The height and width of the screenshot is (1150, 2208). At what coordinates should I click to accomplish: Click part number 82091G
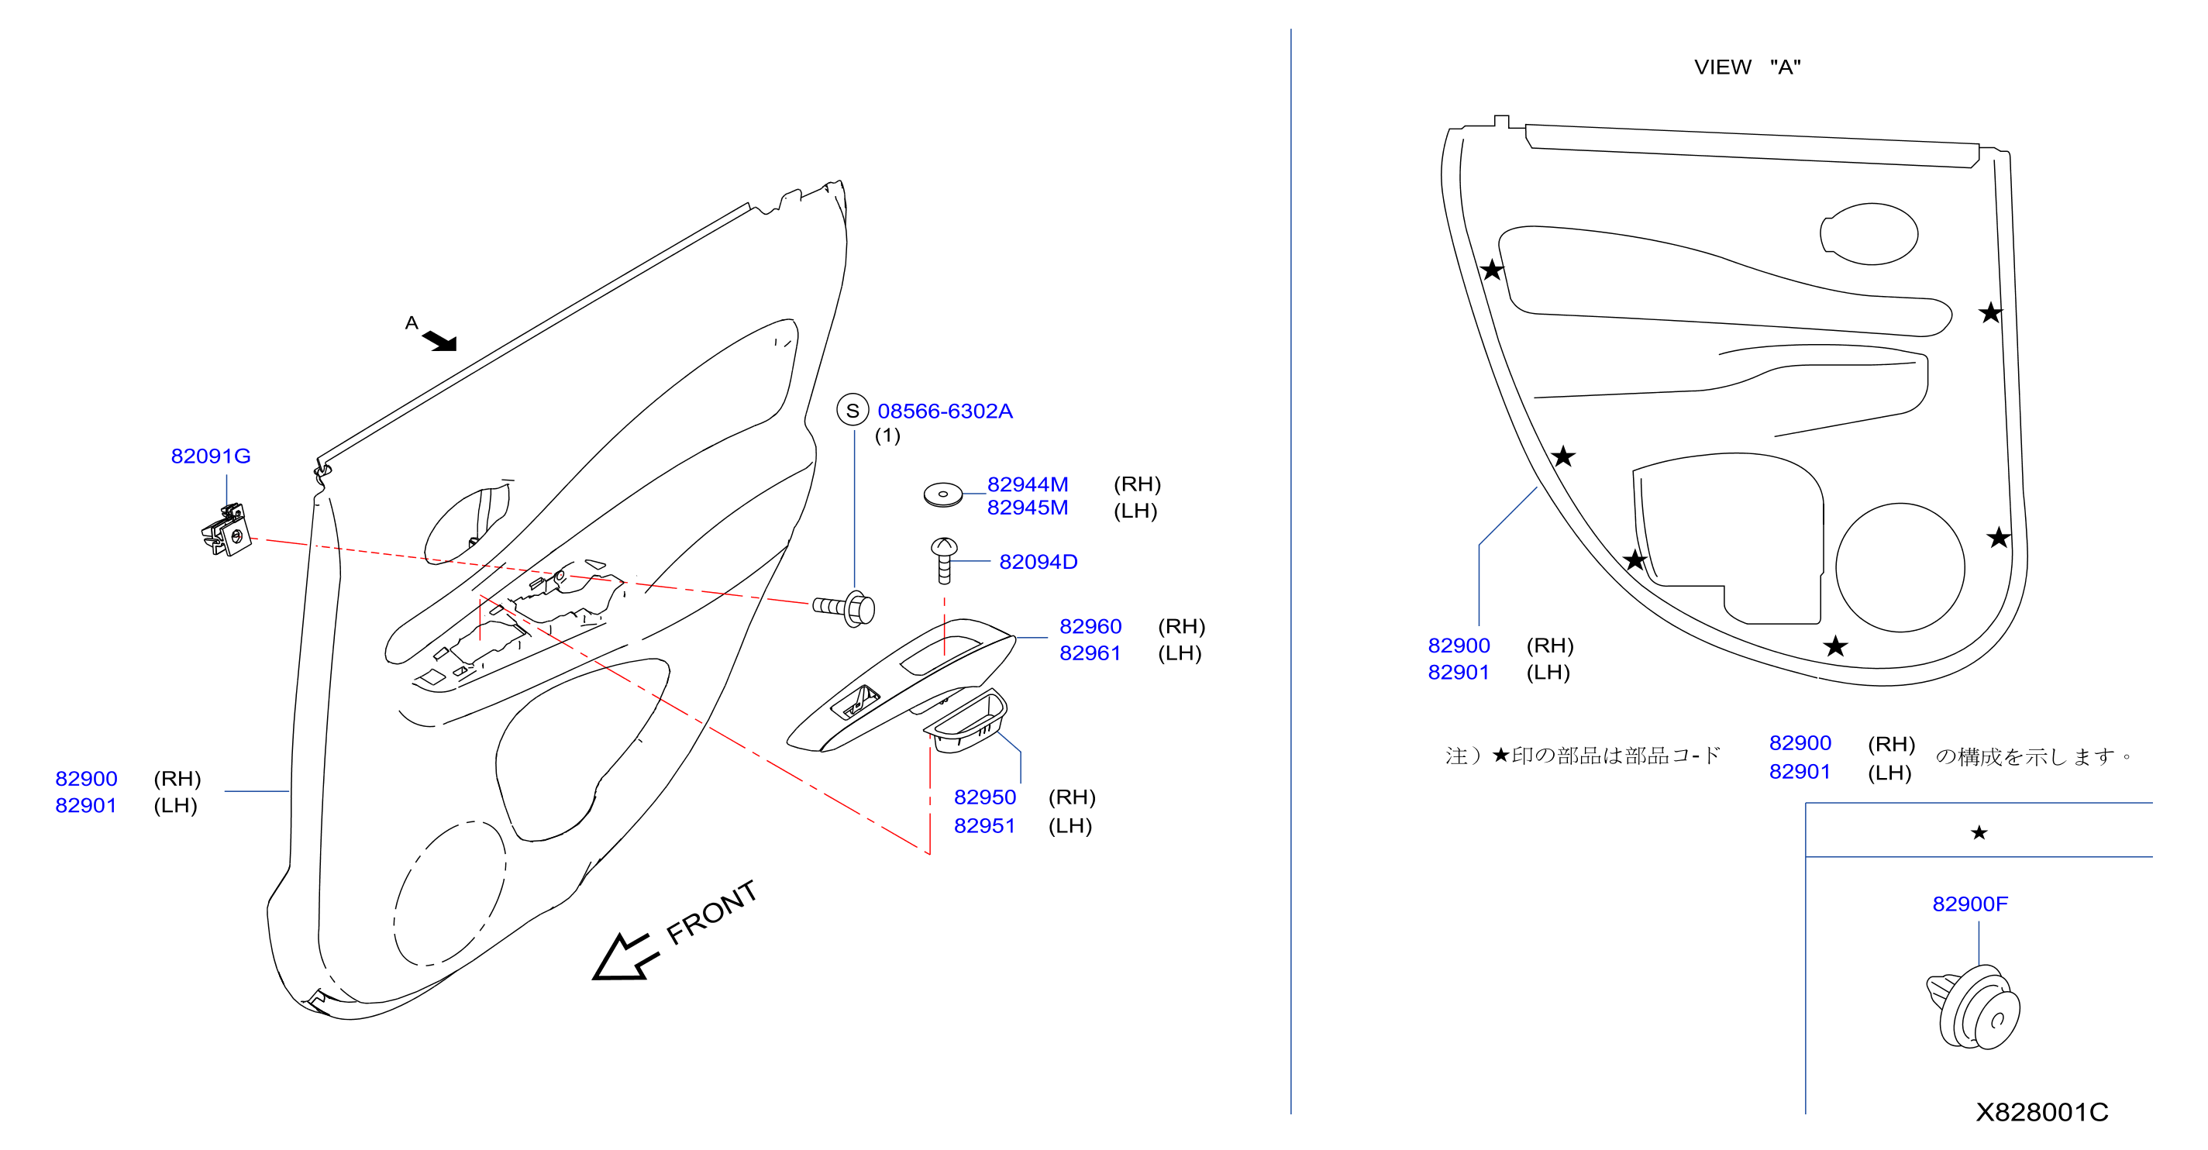click(x=211, y=456)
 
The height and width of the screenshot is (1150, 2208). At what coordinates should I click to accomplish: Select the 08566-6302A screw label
click(x=945, y=411)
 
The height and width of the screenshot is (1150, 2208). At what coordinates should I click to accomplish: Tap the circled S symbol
click(x=852, y=411)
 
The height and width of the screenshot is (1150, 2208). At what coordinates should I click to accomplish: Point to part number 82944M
click(x=1027, y=484)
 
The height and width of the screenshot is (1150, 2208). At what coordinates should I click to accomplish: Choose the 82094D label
click(x=1038, y=562)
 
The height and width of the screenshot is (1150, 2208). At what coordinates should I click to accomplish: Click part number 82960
click(x=1090, y=626)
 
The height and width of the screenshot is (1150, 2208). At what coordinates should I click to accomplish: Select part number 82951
click(x=985, y=825)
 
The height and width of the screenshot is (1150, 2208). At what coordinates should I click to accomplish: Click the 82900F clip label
click(x=1970, y=904)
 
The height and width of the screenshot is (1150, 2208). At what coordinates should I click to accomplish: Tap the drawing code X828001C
click(x=2041, y=1112)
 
